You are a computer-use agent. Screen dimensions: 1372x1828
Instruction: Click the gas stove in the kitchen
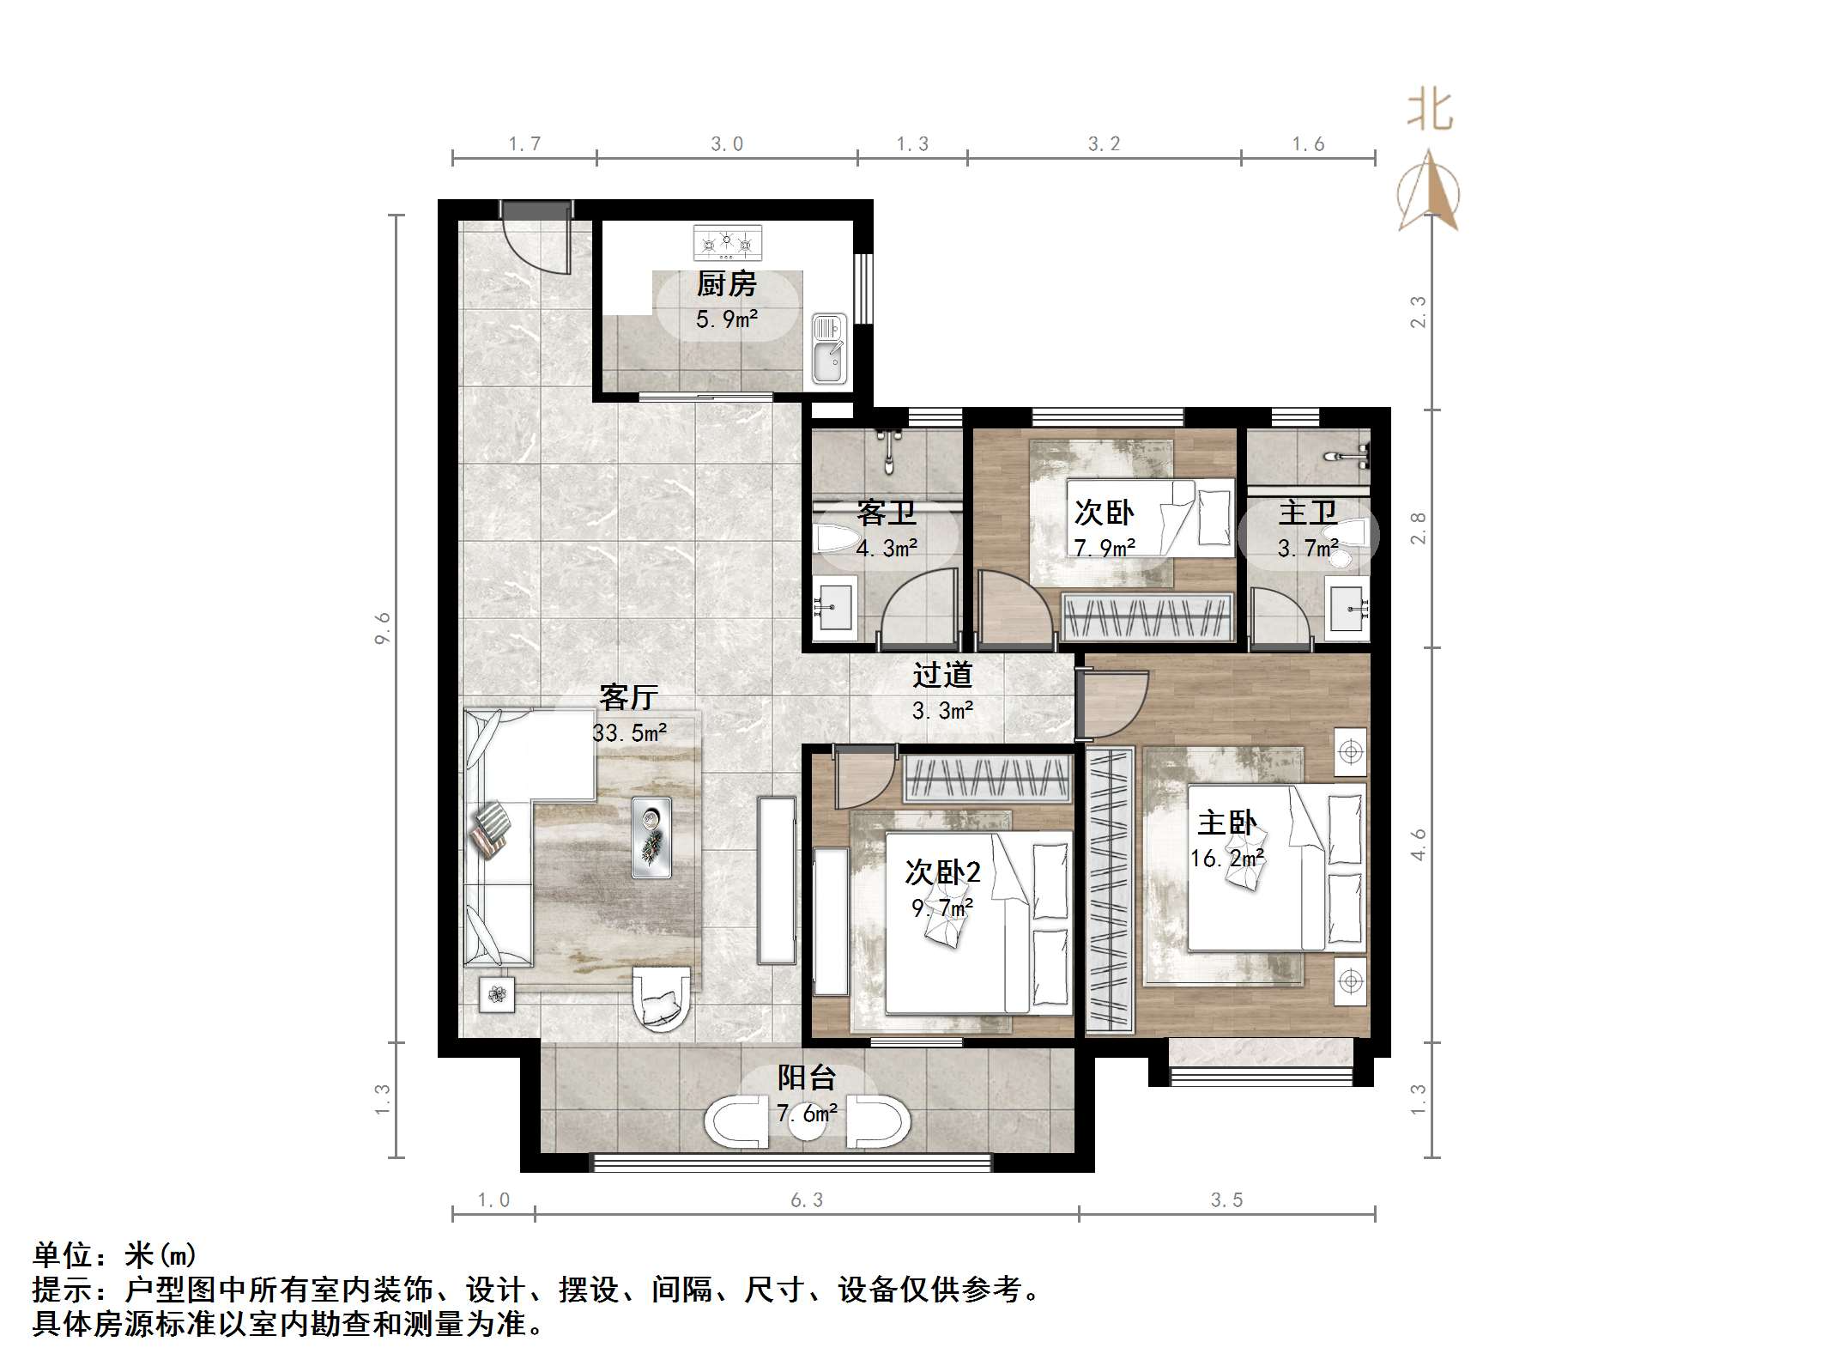coord(727,243)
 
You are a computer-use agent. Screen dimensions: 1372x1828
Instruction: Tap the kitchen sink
coord(829,348)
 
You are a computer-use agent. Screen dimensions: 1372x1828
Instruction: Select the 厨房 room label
coord(726,283)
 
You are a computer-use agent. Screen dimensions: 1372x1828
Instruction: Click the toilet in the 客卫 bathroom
coord(837,539)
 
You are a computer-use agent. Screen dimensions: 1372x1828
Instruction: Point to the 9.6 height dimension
coord(383,628)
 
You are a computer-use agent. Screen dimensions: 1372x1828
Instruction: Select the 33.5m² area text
coord(630,732)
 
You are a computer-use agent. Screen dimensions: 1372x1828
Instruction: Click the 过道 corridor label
coord(941,674)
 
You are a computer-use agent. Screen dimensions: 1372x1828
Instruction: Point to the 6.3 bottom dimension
coord(807,1200)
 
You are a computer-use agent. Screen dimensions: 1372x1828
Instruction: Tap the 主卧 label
coord(1226,823)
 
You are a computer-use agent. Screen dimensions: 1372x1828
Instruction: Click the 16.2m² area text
coord(1226,858)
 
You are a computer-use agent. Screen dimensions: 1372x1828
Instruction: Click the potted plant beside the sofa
coord(497,995)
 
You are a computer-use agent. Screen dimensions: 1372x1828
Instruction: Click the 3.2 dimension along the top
coord(1104,144)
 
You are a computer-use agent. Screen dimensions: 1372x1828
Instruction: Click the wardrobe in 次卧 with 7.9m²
coord(1147,616)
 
